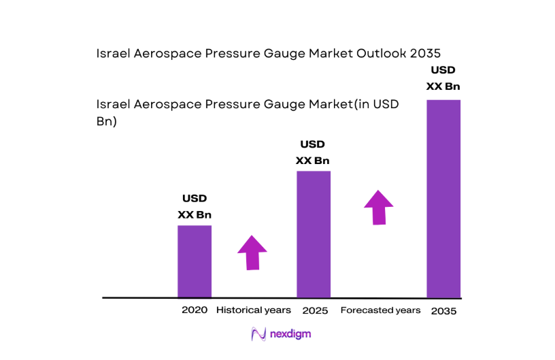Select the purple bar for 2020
pos(195,261)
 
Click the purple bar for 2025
pos(314,234)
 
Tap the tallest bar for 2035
pos(443,199)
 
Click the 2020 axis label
pos(194,310)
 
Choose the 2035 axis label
pos(443,310)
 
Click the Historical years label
pos(254,310)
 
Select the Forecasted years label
pos(380,310)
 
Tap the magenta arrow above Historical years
pos(252,252)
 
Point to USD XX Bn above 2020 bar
pos(195,207)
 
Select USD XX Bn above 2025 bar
pos(313,152)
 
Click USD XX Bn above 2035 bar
pos(443,78)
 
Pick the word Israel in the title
pos(113,53)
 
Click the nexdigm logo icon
pos(258,334)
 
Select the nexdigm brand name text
pos(291,334)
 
